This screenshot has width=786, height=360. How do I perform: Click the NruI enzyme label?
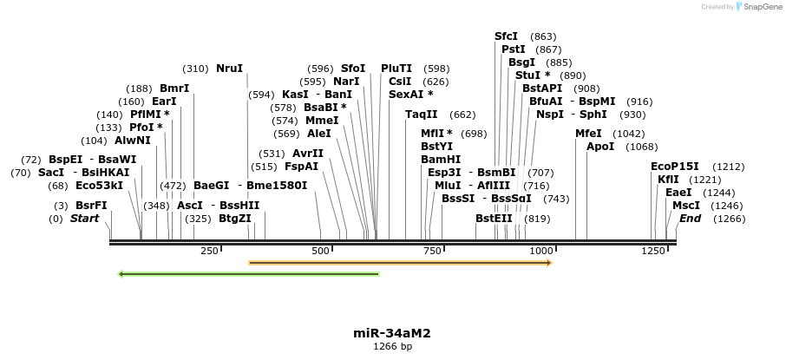tap(230, 69)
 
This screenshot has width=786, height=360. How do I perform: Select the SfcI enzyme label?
tap(506, 36)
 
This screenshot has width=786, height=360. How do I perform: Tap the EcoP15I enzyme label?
tap(674, 167)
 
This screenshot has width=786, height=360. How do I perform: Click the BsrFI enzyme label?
tap(91, 206)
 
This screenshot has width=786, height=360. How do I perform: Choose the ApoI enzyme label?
tap(600, 147)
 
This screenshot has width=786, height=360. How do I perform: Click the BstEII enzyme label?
tap(494, 219)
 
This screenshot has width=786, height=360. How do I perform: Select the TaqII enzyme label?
tap(422, 115)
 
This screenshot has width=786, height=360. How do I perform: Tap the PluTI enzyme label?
tap(396, 69)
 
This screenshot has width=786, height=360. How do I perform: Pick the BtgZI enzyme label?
tap(235, 219)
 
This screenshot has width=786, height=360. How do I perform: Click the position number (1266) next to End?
tap(729, 219)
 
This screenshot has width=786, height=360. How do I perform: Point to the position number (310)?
tap(195, 69)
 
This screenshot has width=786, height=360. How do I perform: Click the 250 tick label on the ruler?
tap(209, 251)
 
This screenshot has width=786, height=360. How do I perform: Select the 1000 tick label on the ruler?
tap(540, 251)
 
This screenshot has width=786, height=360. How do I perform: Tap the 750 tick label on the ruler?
tap(431, 251)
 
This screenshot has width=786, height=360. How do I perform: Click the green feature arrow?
tap(248, 274)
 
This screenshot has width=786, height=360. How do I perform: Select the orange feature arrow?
tap(400, 262)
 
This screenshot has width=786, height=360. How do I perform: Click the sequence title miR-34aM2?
tap(392, 333)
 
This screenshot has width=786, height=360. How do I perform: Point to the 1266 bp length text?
tap(392, 347)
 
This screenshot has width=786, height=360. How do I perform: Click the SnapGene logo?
tap(757, 7)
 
